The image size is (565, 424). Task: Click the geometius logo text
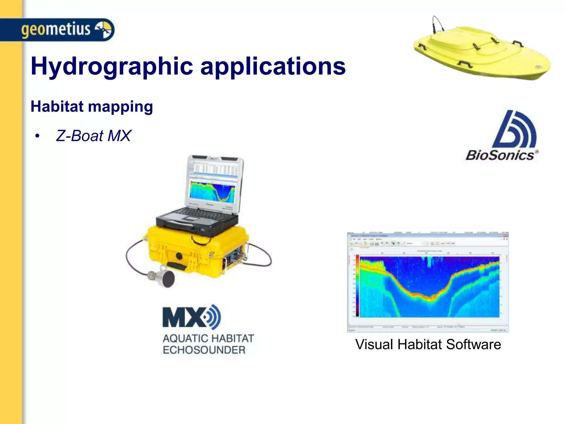56,29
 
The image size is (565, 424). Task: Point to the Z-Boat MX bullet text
93,136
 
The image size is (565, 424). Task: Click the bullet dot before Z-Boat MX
37,136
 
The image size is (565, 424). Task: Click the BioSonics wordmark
500,155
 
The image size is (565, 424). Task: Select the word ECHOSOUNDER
204,350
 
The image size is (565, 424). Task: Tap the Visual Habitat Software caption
428,344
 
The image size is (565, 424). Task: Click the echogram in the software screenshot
429,287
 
